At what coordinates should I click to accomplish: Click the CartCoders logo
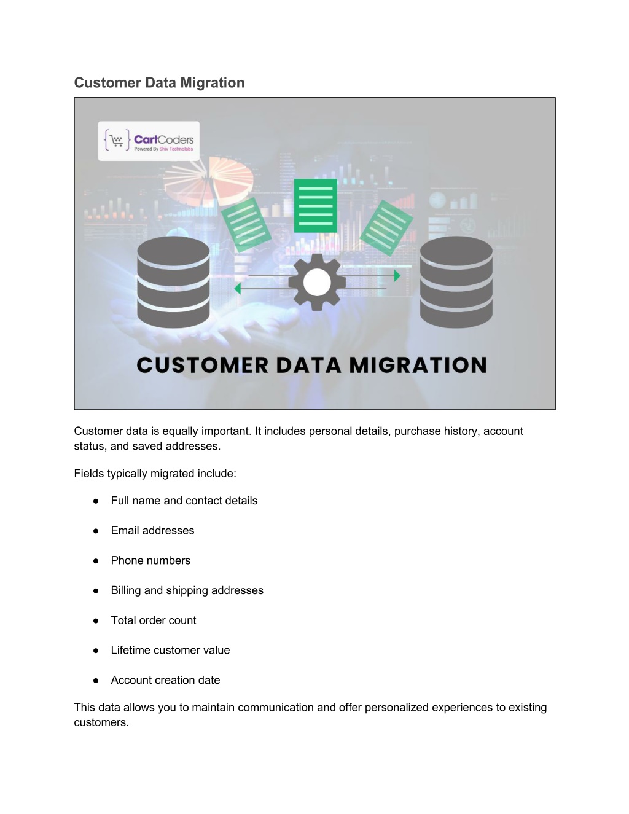click(x=149, y=141)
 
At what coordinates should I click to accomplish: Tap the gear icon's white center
click(x=317, y=283)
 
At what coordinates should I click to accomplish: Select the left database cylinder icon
click(x=173, y=282)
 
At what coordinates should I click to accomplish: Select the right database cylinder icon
click(x=456, y=282)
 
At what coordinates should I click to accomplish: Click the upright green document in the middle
click(x=316, y=206)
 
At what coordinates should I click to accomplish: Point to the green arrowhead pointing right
click(x=397, y=276)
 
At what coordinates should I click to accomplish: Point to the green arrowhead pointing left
click(x=237, y=289)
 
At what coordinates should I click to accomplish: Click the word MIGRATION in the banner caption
click(x=418, y=366)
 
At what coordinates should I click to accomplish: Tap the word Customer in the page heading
click(x=107, y=83)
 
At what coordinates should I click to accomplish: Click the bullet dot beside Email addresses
click(x=96, y=531)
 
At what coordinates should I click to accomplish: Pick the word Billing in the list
click(x=126, y=590)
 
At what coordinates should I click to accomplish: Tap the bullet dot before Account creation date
click(x=96, y=681)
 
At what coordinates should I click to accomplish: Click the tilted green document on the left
click(x=246, y=224)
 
